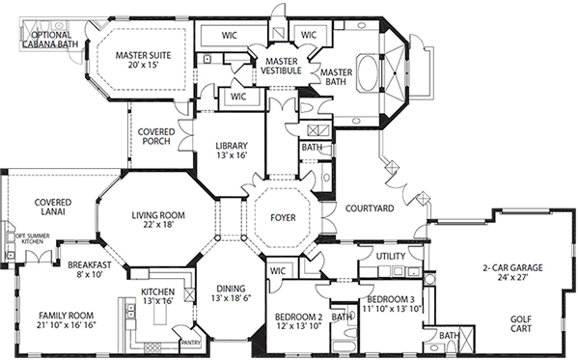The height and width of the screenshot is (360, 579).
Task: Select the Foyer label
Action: pos(283,217)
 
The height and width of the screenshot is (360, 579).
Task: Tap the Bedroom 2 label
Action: pos(297,317)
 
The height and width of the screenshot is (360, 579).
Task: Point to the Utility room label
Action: pos(390,257)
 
